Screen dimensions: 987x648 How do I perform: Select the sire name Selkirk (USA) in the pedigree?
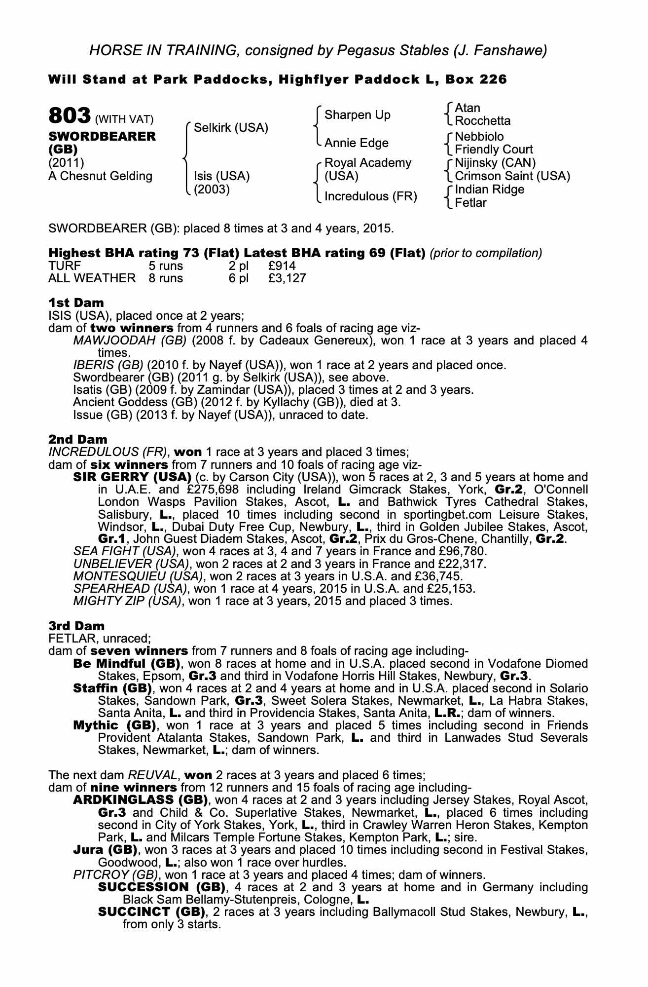pyautogui.click(x=231, y=128)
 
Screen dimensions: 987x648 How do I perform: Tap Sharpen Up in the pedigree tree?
pyautogui.click(x=357, y=115)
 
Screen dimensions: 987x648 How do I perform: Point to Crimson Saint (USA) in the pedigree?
pyautogui.click(x=512, y=176)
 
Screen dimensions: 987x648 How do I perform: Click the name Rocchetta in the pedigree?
pyautogui.click(x=482, y=121)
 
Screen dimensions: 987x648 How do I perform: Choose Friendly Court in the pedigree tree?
pyautogui.click(x=493, y=150)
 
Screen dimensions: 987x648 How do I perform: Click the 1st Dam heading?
pyautogui.click(x=76, y=303)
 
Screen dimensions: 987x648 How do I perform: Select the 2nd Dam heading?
pyautogui.click(x=77, y=439)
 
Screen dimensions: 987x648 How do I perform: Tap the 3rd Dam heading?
pyautogui.click(x=76, y=626)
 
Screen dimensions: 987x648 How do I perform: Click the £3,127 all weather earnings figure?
pyautogui.click(x=287, y=278)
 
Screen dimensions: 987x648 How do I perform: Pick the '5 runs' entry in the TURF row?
pyautogui.click(x=166, y=266)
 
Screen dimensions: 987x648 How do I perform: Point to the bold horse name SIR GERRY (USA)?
pyautogui.click(x=132, y=477)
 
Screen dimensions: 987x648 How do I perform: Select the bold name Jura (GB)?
pyautogui.click(x=105, y=850)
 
